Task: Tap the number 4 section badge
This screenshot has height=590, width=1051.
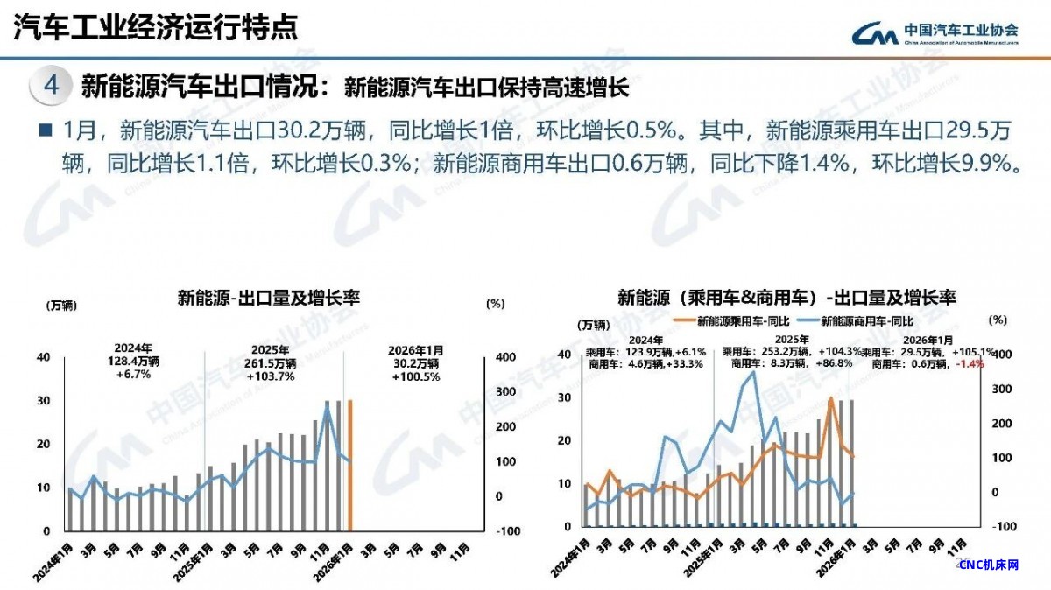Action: click(52, 86)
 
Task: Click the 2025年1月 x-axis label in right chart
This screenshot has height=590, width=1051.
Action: click(701, 560)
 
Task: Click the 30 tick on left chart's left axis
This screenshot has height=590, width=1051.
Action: click(43, 401)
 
